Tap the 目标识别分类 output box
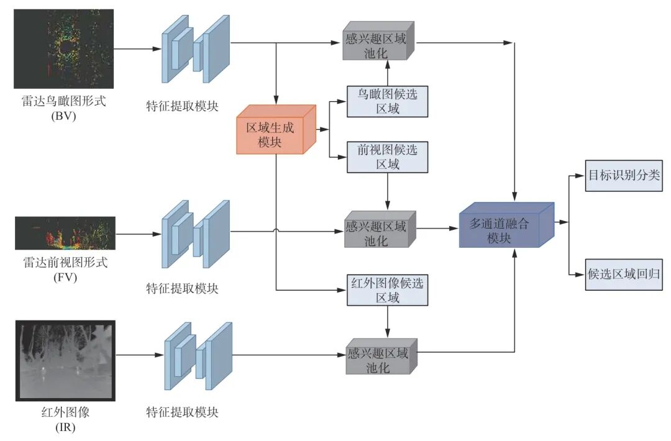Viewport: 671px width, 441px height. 623,176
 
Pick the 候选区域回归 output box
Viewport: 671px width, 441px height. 623,273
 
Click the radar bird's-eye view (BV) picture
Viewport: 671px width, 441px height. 64,48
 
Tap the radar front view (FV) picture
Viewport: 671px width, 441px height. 65,233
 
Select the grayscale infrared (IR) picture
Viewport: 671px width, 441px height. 65,360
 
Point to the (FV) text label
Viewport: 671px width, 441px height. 65,277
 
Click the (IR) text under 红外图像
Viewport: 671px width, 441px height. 65,427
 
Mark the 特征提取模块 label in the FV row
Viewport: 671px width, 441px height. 182,288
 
